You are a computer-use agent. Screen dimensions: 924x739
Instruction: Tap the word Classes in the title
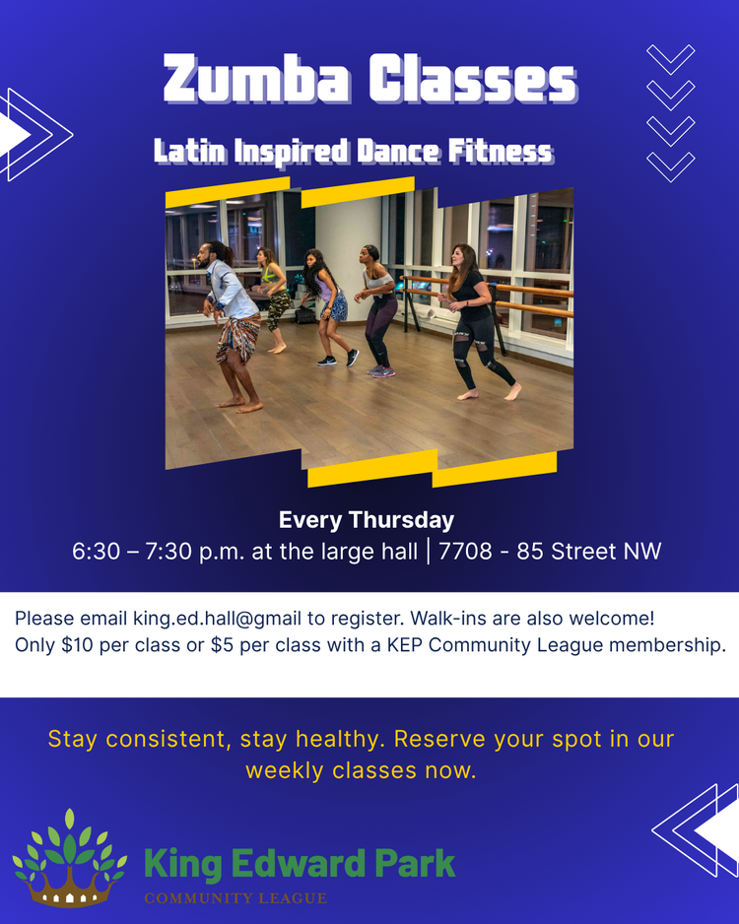coord(472,80)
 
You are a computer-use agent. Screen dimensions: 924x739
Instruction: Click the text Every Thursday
coord(367,520)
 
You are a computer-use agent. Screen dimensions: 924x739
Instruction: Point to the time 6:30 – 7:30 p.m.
coord(159,552)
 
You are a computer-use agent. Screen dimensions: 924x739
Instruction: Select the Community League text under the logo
coord(235,897)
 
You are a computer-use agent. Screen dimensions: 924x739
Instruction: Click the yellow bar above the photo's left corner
coord(227,191)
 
